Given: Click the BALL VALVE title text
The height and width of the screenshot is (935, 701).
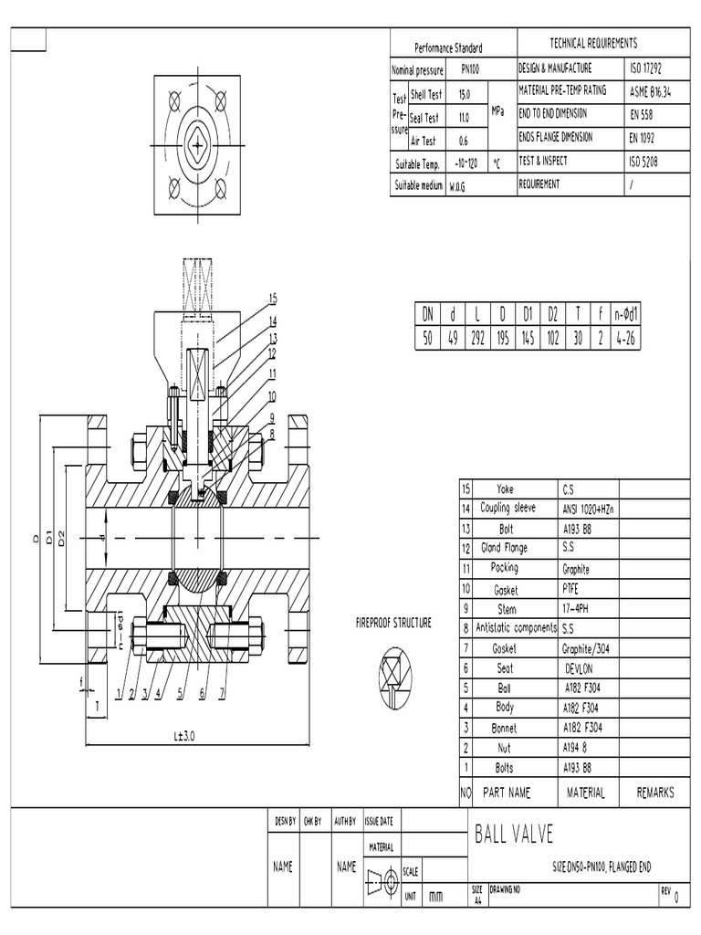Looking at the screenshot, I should pos(514,835).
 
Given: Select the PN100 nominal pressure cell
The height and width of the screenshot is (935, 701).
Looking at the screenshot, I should pos(467,69).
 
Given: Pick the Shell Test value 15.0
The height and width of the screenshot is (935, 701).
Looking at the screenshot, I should pos(464,94).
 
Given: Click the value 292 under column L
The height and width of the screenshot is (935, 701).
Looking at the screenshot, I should pos(476,337).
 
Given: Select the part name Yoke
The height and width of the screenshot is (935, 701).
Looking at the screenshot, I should pos(505,489).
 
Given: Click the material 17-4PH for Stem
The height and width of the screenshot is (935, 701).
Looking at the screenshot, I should pos(579,608).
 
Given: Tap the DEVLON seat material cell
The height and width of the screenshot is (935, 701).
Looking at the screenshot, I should pos(580,668).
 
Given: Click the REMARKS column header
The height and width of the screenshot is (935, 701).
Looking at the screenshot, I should pos(655,793).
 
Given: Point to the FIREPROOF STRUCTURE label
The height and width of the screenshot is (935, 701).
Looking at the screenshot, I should pos(393,624).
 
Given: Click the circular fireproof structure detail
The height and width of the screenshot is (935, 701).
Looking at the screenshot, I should pos(395,677).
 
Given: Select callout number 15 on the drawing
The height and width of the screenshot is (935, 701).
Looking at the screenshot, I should pos(272,299).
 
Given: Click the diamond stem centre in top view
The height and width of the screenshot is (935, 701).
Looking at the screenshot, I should pos(198,142).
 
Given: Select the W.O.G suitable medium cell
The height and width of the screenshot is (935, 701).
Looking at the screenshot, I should pos(456,185).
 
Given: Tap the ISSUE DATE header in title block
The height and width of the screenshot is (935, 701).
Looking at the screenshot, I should pos(380,821).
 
